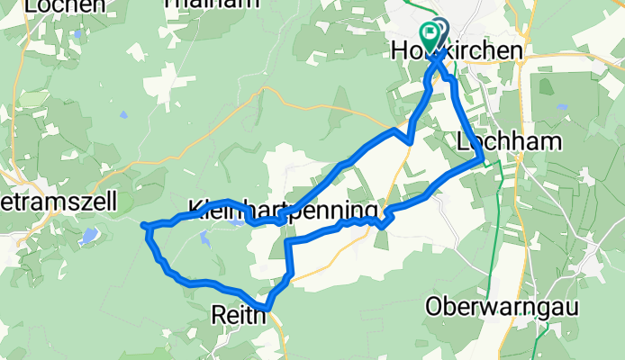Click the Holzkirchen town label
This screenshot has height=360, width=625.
tap(457, 52)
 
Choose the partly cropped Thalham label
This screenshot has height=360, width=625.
tap(200, 4)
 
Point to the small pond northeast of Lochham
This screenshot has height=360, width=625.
tap(562, 106)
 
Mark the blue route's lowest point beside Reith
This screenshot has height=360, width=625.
tap(267, 310)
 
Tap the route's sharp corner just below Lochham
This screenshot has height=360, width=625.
tap(483, 162)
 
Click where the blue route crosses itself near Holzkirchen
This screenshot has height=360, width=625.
tap(439, 64)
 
